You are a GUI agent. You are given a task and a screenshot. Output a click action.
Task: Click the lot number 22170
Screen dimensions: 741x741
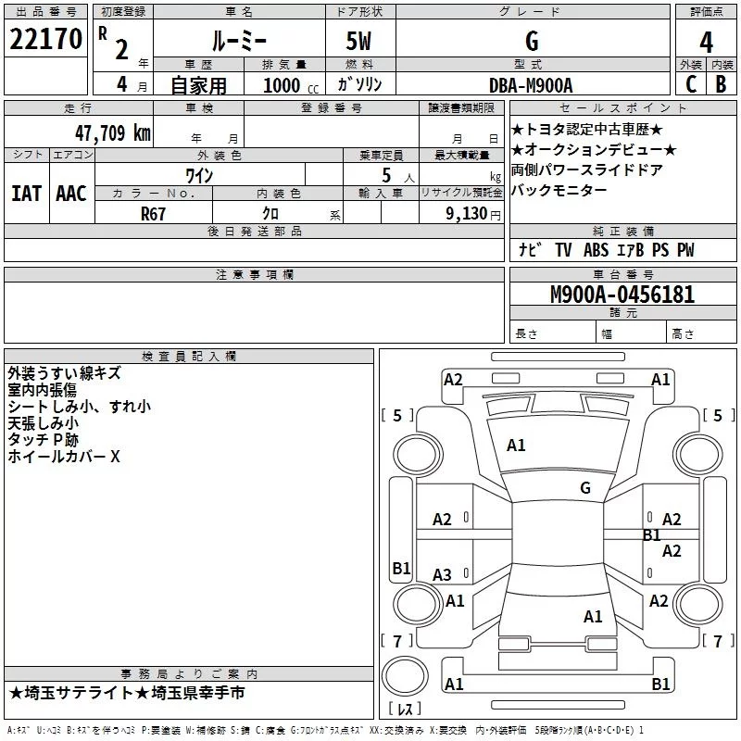(x=45, y=39)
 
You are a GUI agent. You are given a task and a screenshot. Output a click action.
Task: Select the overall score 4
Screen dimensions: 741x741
(x=706, y=43)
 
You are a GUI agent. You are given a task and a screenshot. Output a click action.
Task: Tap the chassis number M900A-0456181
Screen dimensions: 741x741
(x=622, y=295)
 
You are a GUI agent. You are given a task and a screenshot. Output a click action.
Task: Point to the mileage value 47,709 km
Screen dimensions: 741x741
(x=113, y=133)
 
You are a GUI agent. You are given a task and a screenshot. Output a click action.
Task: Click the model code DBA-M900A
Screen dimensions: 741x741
(x=531, y=85)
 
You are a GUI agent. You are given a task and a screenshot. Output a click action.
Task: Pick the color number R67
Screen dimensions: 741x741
(x=153, y=214)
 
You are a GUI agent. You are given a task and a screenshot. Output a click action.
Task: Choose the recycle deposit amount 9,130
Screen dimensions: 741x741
(x=466, y=214)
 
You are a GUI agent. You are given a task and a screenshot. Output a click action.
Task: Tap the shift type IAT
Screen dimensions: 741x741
(x=27, y=194)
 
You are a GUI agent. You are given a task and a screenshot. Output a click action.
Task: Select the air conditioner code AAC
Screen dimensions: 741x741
(x=71, y=194)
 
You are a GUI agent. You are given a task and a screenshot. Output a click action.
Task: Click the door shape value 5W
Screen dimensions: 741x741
(x=358, y=41)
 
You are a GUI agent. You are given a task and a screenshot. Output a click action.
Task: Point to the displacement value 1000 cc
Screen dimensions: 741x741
(x=291, y=86)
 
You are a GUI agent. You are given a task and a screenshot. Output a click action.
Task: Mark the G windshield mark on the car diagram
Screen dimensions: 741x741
(x=585, y=487)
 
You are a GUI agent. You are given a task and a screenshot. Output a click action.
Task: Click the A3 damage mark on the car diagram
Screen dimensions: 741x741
(x=442, y=574)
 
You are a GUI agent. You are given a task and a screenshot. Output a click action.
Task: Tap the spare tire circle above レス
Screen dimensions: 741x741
(x=405, y=676)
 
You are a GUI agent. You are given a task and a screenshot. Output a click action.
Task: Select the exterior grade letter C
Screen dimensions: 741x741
(x=691, y=84)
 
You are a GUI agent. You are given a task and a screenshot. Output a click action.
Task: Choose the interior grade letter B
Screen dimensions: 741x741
(x=721, y=84)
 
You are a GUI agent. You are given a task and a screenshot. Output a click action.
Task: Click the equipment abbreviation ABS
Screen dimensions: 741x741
(x=596, y=250)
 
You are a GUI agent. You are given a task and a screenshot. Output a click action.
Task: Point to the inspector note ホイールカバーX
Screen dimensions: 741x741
(x=64, y=457)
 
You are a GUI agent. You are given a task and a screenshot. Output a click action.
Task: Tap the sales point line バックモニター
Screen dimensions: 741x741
(x=559, y=191)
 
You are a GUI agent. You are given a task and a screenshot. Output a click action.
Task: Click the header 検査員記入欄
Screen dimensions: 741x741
(x=189, y=357)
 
